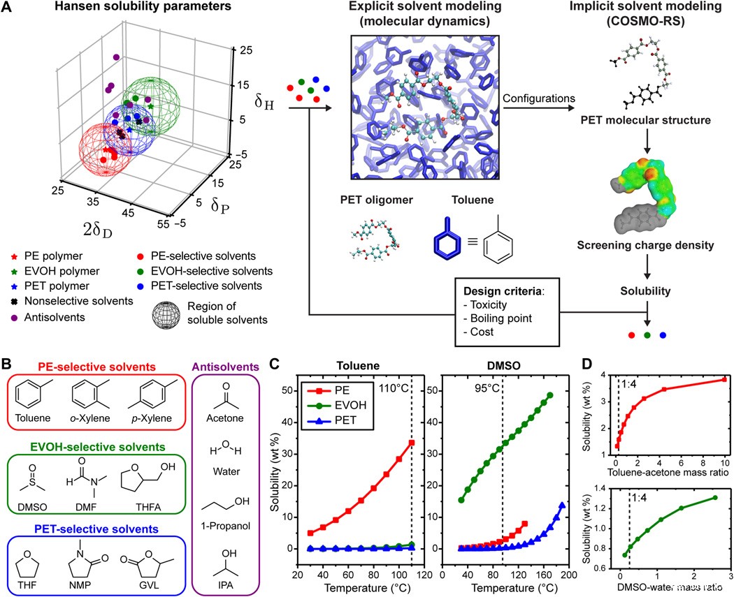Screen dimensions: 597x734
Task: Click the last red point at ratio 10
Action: pos(724,380)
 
